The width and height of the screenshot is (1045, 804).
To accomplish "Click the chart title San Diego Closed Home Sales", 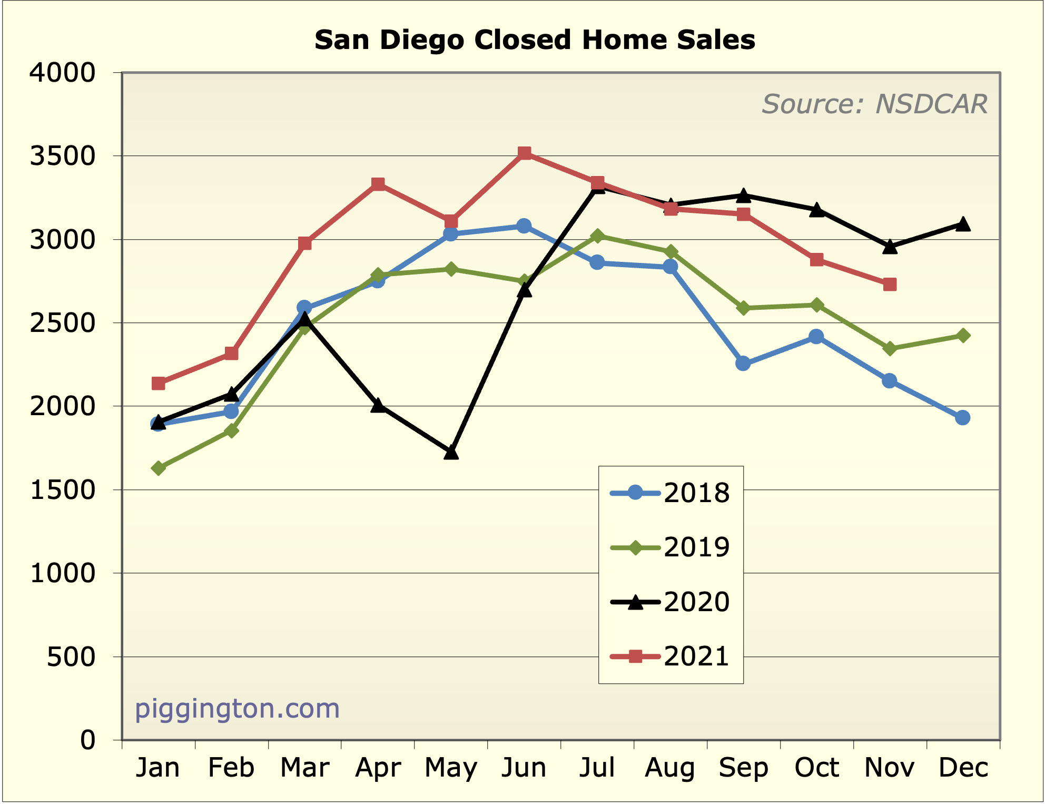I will coord(535,41).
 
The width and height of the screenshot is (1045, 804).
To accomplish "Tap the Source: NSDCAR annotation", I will coord(874,104).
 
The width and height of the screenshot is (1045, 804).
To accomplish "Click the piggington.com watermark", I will coord(237,709).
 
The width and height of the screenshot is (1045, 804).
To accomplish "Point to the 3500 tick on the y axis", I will coord(63,156).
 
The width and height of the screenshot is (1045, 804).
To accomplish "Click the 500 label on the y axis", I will coord(71,657).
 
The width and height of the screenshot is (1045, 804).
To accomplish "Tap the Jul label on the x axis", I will coord(597,768).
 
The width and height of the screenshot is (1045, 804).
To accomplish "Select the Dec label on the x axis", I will coord(963,768).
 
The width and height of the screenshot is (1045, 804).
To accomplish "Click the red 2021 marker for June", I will coord(524,153).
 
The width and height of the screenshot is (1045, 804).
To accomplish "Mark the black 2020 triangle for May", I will coord(451,453).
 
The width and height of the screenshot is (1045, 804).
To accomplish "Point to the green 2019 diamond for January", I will coord(159,468).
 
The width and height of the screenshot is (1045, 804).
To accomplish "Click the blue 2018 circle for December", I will coord(963,418).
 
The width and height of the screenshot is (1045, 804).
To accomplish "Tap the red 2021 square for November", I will coord(890,285).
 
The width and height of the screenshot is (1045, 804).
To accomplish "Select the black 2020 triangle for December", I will coord(963,224).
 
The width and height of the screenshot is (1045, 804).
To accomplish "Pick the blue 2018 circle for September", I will coord(743,364).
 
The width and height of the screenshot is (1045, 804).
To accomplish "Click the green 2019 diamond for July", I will coord(597,236).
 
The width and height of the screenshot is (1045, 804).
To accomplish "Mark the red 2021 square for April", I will coord(378,184).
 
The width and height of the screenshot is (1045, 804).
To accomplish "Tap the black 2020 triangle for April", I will coord(378,406).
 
